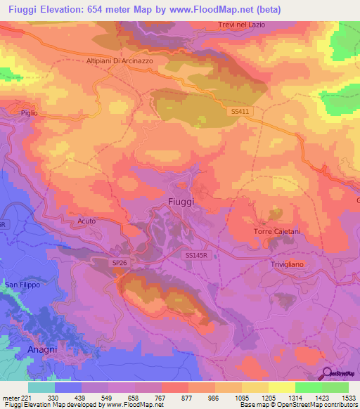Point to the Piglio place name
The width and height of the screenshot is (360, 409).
click(29, 113)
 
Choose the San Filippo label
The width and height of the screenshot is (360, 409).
click(22, 285)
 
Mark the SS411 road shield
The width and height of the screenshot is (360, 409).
click(240, 111)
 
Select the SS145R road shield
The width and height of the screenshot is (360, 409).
click(198, 256)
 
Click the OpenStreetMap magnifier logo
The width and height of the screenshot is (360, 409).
click(328, 375)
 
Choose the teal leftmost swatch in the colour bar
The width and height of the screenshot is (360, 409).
click(41, 387)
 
